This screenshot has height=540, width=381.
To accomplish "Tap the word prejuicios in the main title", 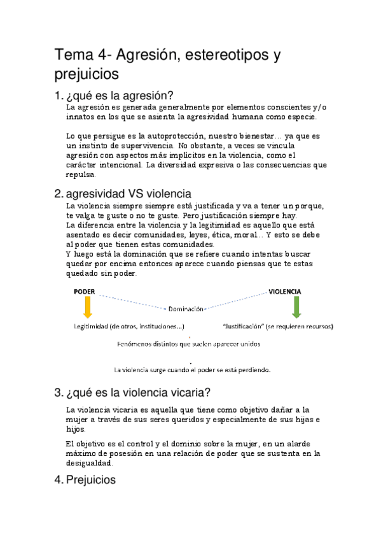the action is coord(87,75).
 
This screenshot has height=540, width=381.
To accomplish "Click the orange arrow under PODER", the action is coord(88,307).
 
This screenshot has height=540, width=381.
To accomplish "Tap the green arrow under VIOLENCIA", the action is coord(296,307).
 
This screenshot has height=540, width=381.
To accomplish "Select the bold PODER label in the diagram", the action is coord(85,291).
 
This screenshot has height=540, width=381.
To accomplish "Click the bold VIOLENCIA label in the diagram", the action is coord(284,291).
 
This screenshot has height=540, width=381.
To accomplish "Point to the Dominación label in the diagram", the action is coord(186,309).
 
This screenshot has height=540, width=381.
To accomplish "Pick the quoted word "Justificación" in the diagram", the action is coord(244,327).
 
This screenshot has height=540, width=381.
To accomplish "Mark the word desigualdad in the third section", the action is coord(90,464).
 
